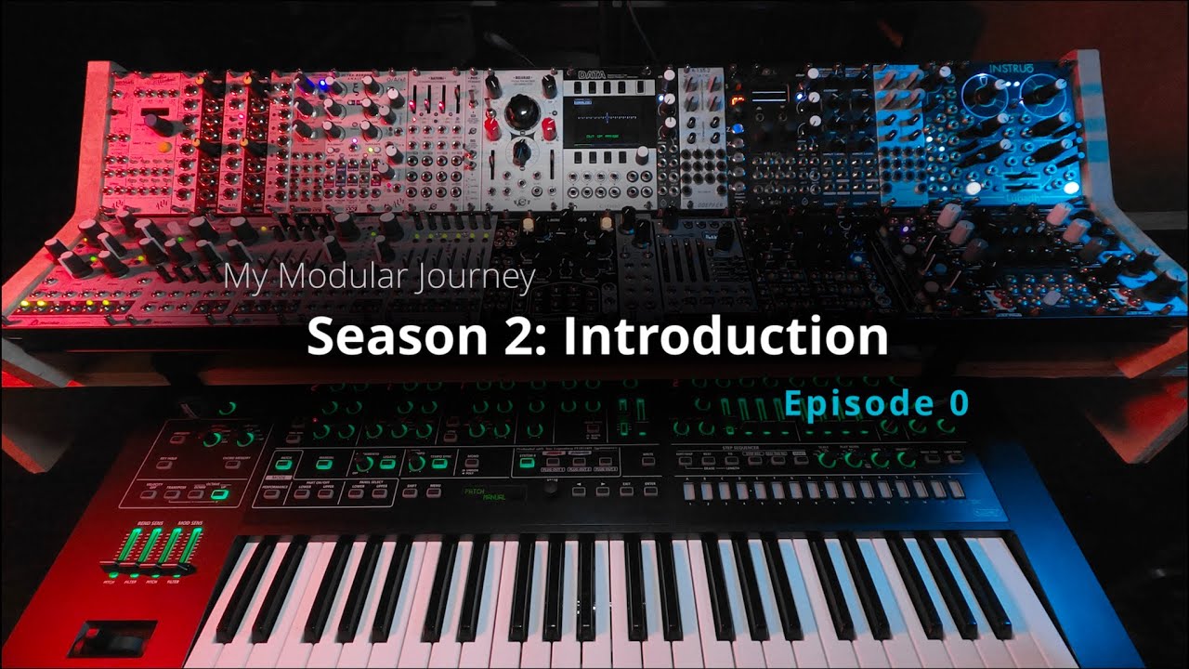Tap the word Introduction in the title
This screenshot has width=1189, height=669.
pyautogui.click(x=725, y=336)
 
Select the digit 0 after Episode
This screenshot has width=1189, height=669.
pyautogui.click(x=958, y=402)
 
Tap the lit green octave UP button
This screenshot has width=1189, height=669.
pyautogui.click(x=221, y=494)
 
